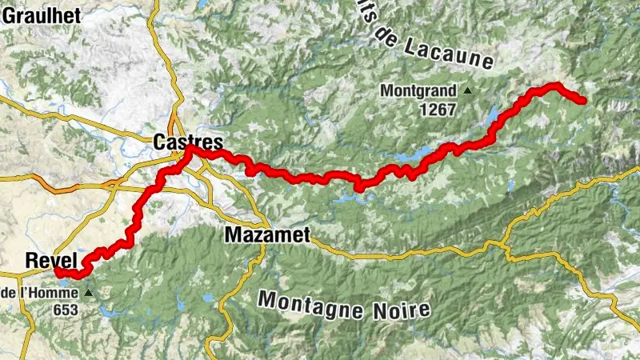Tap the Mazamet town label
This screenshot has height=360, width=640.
point(267,235)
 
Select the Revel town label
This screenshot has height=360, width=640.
point(50,260)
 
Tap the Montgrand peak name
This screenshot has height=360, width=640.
point(419,90)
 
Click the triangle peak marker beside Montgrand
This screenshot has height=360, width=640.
point(468,91)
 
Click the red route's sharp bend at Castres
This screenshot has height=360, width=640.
point(188,149)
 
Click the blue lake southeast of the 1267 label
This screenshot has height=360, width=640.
point(487,118)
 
